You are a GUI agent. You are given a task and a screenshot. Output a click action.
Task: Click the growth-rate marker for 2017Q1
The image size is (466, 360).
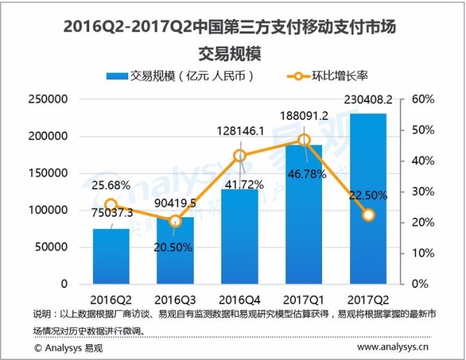pos(304,140)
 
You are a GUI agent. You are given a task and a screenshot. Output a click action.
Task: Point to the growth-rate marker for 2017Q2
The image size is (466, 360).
pos(369,215)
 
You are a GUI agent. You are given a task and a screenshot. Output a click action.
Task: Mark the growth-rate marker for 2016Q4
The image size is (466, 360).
pos(240,156)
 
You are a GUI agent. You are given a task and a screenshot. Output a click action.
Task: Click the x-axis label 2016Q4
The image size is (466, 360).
pos(240,300)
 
